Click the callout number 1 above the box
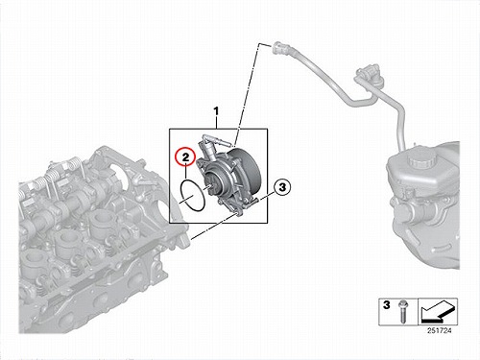pyautogui.click(x=217, y=112)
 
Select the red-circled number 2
pyautogui.click(x=186, y=157)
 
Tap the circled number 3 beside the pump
pyautogui.click(x=282, y=187)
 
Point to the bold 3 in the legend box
pyautogui.click(x=387, y=305)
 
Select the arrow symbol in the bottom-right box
pyautogui.click(x=438, y=310)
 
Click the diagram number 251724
pyautogui.click(x=439, y=330)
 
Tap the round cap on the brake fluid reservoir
pyautogui.click(x=420, y=159)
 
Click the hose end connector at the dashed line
pyautogui.click(x=277, y=48)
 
